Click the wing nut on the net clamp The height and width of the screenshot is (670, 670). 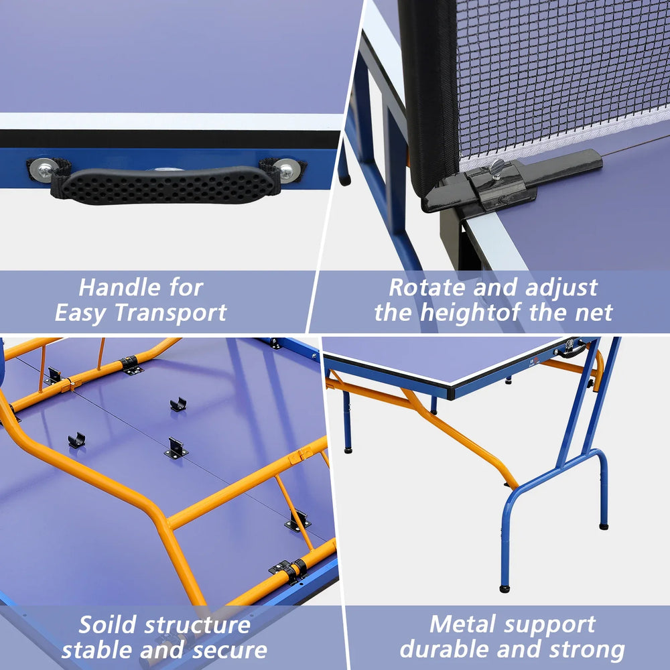(496, 168)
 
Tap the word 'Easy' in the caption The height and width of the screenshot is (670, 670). (81, 314)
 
